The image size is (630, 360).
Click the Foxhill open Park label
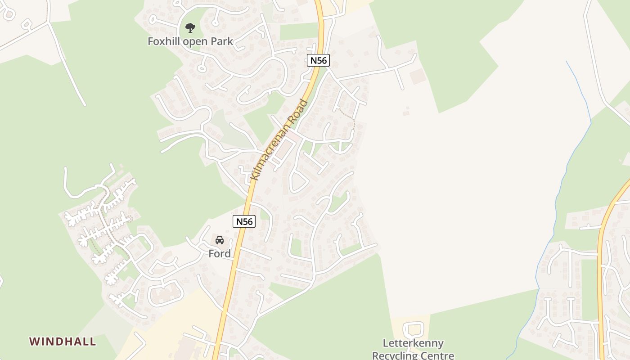190,41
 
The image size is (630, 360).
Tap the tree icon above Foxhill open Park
190,28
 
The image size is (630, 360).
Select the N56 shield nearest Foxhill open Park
319,60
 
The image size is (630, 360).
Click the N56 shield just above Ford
244,221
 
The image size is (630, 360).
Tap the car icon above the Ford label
220,240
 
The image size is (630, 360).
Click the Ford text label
220,254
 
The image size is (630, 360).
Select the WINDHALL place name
63,342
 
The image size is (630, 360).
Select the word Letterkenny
413,343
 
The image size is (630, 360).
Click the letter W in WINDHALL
34,342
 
